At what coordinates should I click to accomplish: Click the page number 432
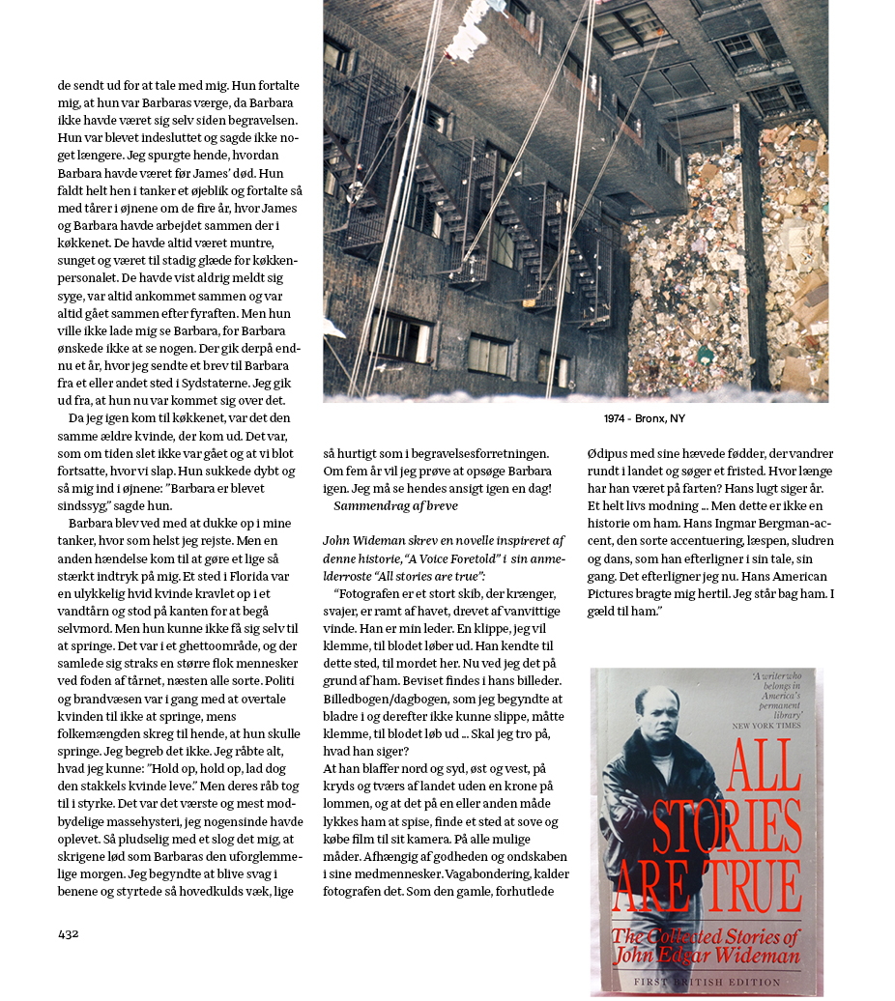click(x=68, y=933)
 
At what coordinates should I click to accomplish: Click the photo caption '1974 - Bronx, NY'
click(x=644, y=418)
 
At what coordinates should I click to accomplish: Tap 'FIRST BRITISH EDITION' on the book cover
click(x=707, y=982)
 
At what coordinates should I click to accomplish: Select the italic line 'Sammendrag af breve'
click(x=395, y=505)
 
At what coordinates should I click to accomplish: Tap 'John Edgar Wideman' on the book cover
click(x=706, y=957)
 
